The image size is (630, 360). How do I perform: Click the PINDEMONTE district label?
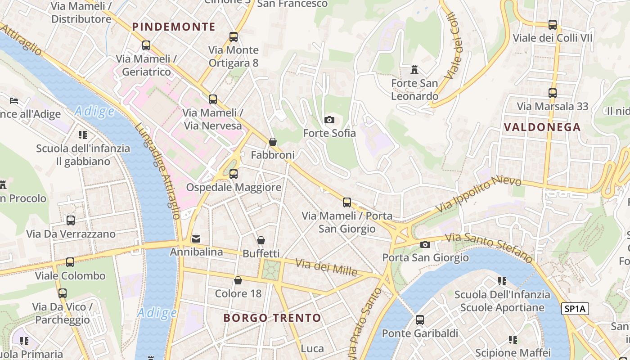pos(174,27)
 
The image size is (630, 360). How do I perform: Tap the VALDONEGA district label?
pos(542,127)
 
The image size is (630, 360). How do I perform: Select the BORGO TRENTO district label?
pos(272,318)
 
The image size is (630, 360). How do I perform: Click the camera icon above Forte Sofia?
pos(329,120)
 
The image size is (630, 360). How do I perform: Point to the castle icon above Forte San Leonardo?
pos(414,70)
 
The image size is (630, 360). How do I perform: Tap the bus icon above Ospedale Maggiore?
pos(233,174)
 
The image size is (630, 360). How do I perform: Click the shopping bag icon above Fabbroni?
pos(273,142)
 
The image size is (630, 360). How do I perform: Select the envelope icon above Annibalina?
pos(196,238)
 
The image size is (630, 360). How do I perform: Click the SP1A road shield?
pos(575,309)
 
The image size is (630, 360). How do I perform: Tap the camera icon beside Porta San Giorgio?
pos(425,244)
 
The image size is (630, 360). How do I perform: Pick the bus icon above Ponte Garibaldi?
pos(420,320)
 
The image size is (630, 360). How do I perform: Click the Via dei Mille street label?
pos(326,268)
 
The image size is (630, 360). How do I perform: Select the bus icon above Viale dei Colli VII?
pos(553,25)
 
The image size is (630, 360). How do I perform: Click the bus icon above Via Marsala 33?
pos(553,93)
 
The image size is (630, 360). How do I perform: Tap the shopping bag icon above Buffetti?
pos(261,240)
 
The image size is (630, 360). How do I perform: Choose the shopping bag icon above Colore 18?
pos(238,280)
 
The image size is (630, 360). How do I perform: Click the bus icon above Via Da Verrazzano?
pos(71,220)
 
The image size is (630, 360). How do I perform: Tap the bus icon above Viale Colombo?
pos(70,262)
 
